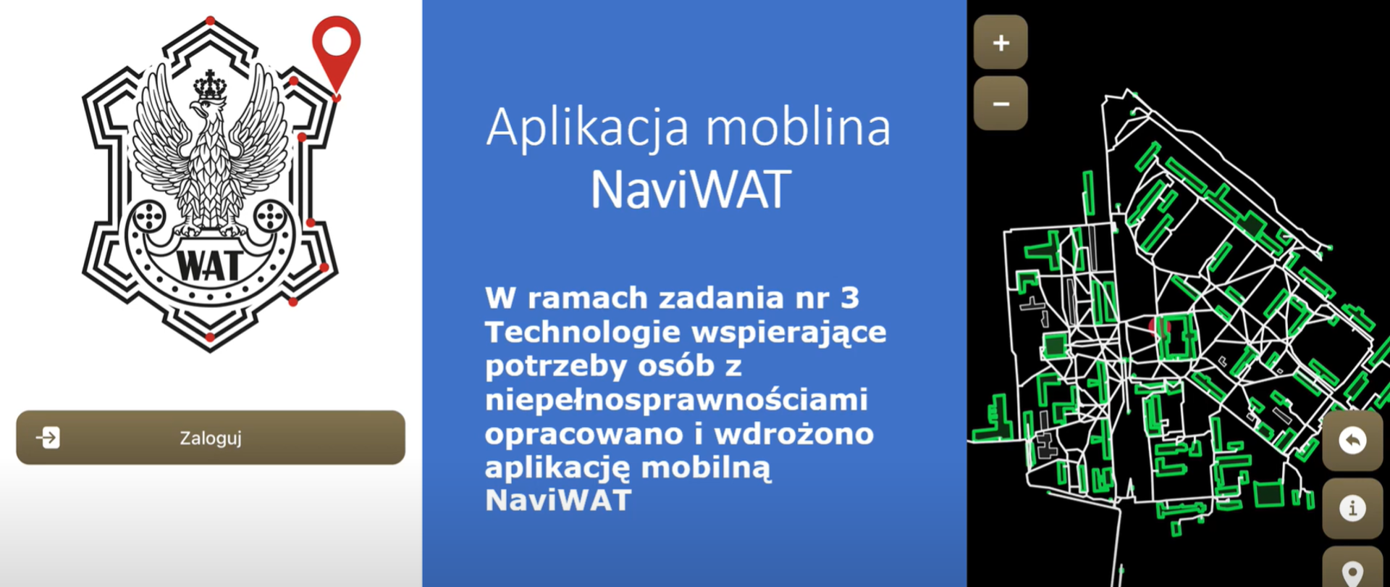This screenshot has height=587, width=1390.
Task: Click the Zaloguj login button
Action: point(210,438)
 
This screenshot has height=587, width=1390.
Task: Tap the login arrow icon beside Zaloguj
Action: point(49,438)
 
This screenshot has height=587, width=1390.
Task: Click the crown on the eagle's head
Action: point(210,87)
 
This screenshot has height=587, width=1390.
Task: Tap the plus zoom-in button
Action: point(1001,43)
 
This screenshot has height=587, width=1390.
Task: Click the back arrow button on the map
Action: point(1352,441)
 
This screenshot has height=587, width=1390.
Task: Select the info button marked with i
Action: point(1352,508)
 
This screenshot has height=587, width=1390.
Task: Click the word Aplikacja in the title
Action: point(587,129)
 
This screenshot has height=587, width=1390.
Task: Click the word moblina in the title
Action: point(798,128)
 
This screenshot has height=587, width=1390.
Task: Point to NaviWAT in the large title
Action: point(690,191)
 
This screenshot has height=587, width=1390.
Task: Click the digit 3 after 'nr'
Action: point(850,298)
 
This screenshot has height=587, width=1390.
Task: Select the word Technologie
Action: point(583,332)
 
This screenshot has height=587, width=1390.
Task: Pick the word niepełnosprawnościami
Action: point(676,399)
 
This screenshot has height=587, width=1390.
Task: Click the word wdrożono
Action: point(794,433)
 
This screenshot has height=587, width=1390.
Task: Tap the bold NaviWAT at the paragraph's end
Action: point(558,500)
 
